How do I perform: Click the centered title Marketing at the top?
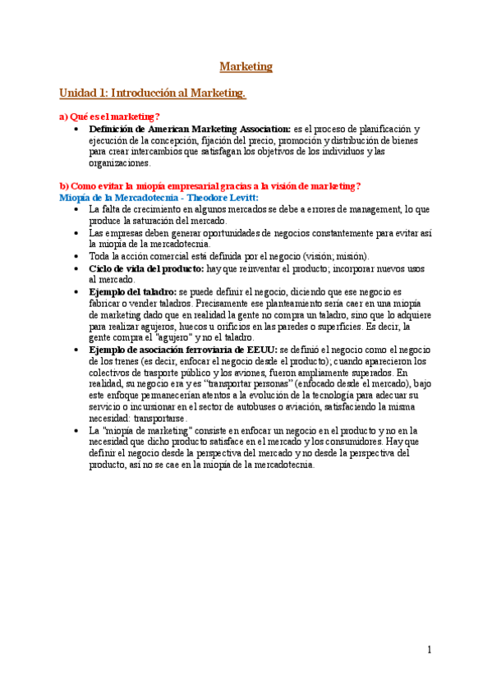click(246, 66)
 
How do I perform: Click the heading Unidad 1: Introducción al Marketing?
click(153, 94)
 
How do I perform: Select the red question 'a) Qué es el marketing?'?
click(110, 117)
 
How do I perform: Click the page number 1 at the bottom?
click(429, 650)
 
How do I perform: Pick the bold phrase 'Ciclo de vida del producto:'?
click(146, 268)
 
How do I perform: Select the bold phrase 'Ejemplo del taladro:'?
click(132, 291)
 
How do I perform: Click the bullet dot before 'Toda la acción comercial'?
click(76, 257)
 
